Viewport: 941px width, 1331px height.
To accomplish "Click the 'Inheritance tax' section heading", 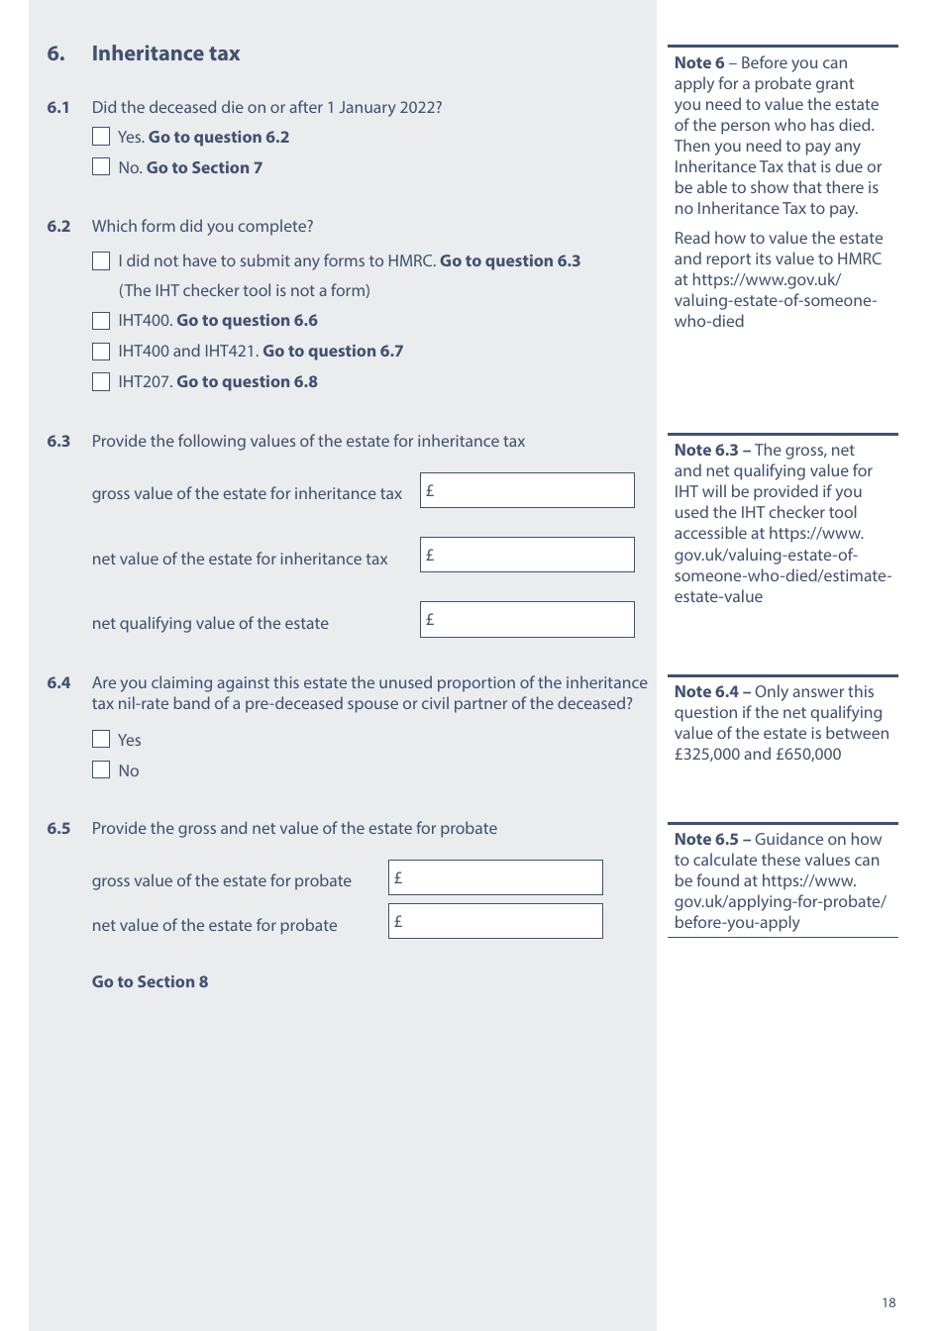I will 165,53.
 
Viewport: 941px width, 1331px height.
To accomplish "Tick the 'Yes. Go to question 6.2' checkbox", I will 101,137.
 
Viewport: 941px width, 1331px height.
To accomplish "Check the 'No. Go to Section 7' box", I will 101,166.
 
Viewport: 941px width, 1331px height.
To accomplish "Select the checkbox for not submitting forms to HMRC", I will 101,260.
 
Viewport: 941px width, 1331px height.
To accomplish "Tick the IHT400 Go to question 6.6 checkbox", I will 101,320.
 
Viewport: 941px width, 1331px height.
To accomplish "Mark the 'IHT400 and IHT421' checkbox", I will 101,351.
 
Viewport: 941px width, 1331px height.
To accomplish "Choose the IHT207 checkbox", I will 101,381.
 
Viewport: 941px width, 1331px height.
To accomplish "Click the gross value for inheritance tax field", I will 527,490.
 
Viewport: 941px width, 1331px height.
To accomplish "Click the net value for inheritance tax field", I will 527,555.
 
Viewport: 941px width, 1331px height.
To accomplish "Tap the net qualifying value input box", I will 527,619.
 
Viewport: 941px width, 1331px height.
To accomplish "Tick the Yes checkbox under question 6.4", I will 101,739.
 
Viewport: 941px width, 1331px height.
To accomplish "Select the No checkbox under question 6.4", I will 101,769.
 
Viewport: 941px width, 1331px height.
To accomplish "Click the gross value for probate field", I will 495,877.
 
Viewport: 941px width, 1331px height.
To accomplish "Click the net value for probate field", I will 495,921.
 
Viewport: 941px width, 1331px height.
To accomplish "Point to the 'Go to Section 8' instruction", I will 150,981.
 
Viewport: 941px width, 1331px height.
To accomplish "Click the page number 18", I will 889,1302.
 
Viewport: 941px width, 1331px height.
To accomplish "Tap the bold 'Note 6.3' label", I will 706,450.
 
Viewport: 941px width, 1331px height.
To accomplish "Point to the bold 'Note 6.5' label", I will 706,839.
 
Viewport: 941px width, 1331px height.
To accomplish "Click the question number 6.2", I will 58,226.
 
